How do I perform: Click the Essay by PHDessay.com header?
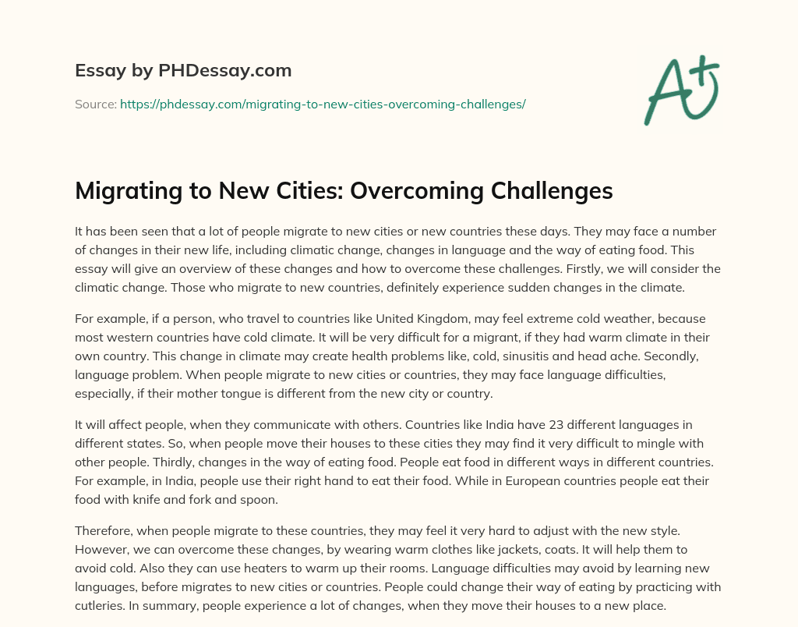pos(183,71)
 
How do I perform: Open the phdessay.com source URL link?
pos(323,104)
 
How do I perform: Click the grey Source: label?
pos(96,104)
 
